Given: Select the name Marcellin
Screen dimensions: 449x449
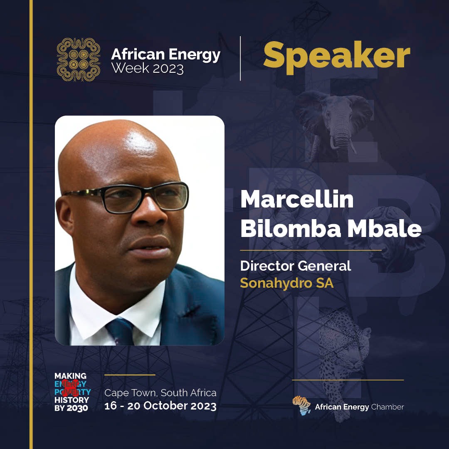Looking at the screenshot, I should (x=296, y=200).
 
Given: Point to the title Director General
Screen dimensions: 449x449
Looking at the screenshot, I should (x=296, y=266).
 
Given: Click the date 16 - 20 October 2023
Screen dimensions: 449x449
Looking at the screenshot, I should (x=160, y=406).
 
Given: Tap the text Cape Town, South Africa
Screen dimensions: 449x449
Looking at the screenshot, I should (x=160, y=392).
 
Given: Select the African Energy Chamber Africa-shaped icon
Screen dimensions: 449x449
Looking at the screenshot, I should (x=302, y=405).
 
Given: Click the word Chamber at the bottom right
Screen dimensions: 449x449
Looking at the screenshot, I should (x=387, y=407).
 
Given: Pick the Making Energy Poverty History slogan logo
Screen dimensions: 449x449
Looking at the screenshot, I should (x=72, y=392).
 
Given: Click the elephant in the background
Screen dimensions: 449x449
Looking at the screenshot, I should (x=335, y=121).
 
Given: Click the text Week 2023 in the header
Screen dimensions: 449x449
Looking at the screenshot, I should (x=148, y=68).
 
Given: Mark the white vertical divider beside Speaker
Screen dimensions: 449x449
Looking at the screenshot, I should (x=240, y=58).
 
